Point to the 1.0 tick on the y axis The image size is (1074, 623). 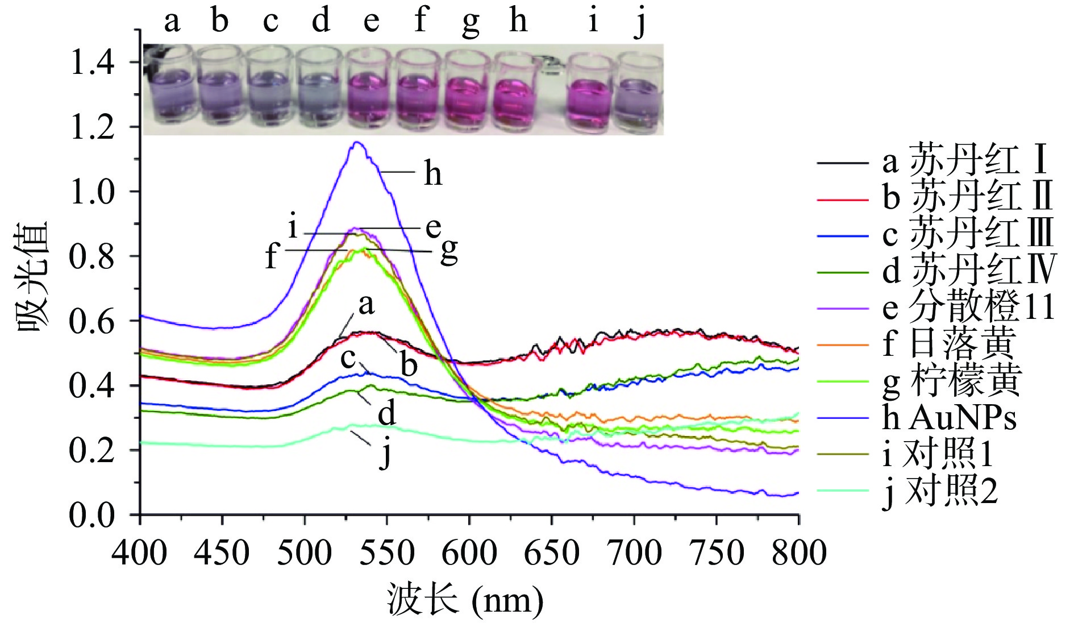coord(91,192)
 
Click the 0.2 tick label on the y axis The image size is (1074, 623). coord(91,450)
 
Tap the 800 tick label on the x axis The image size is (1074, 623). coord(798,553)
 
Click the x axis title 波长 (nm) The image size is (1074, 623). coord(465,600)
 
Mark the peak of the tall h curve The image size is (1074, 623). coord(357,143)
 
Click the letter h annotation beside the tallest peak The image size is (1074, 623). coord(432,173)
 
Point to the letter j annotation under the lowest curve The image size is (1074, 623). coord(386,455)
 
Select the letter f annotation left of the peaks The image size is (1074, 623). coord(272,256)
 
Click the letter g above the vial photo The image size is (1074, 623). coord(470,23)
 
